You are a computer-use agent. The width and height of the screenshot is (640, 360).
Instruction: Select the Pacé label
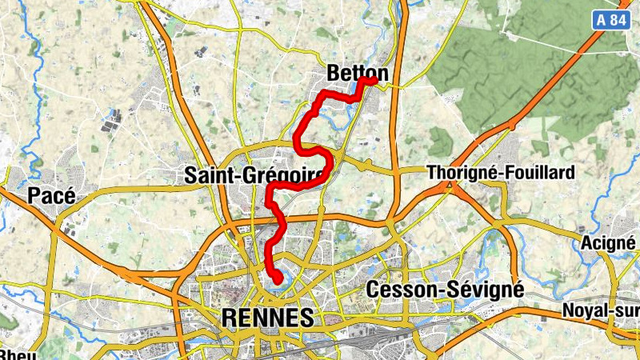pos(51,194)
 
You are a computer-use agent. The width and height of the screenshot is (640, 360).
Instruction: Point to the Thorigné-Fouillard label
pos(501,172)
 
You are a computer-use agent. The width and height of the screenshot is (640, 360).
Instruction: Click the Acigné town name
pos(610,242)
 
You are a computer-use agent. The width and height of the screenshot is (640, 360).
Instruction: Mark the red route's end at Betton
pos(373,79)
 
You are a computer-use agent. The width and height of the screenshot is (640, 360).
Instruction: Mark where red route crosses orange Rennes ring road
pos(279,218)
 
